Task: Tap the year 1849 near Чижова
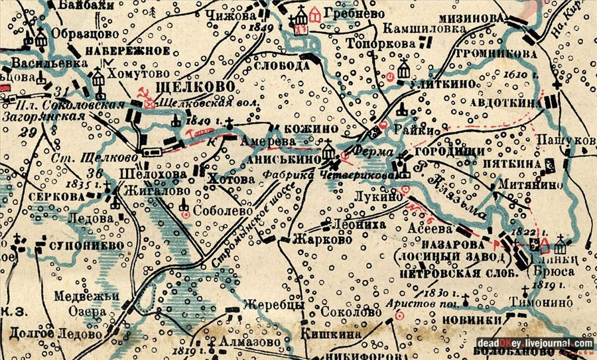click(263, 28)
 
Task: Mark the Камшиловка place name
click(415, 29)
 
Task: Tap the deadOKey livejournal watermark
click(534, 343)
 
